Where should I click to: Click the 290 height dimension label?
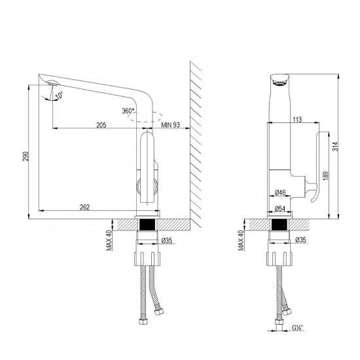coord(24,158)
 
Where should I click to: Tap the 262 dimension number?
coord(84,207)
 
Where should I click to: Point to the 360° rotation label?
coord(128,111)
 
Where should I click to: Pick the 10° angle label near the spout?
coord(60,96)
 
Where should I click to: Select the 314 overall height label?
coord(335,149)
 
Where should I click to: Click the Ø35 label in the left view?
coord(166,240)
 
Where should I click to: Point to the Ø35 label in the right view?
coord(300,240)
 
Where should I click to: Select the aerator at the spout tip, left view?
coord(51,83)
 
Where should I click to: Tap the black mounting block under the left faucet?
coord(147,225)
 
